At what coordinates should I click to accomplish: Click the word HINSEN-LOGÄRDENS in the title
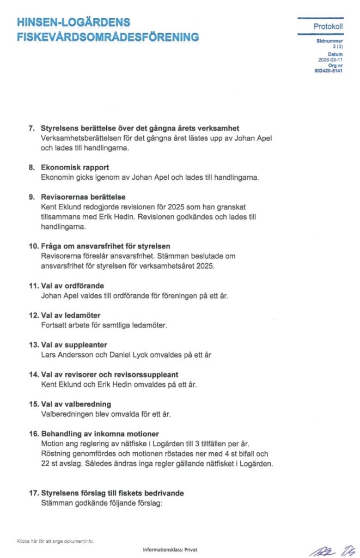[74, 22]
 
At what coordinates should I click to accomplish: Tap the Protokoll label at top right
[328, 27]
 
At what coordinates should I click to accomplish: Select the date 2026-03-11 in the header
[331, 60]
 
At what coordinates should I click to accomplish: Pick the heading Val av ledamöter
[71, 316]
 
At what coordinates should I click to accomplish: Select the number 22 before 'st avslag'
[46, 464]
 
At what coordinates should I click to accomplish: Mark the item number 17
[33, 493]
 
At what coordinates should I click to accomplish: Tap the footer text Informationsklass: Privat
[170, 550]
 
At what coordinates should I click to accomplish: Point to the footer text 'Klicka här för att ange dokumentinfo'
[55, 541]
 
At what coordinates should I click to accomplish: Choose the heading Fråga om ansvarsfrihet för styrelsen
[106, 246]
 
